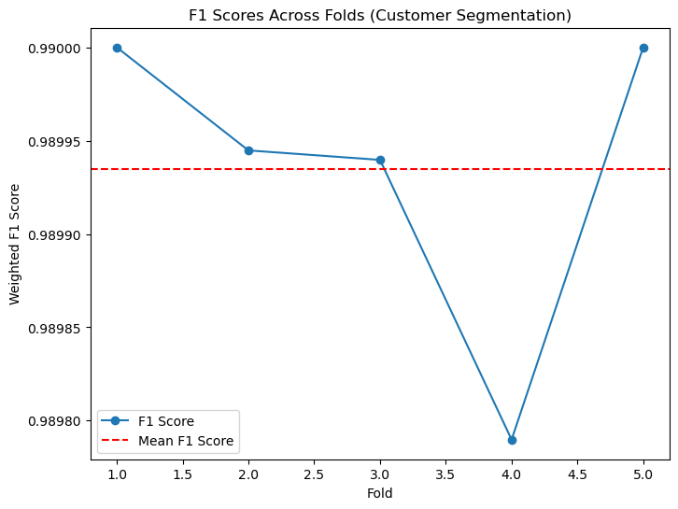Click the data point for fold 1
point(117,48)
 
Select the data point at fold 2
point(248,150)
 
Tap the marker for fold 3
point(380,160)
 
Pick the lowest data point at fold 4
point(512,440)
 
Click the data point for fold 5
point(643,48)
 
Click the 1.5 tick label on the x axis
point(183,474)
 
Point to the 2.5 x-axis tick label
point(315,474)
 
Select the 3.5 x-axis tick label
point(446,474)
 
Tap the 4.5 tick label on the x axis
point(578,474)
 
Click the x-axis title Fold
point(380,493)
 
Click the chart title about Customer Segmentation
point(380,15)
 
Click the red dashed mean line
point(280,169)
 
